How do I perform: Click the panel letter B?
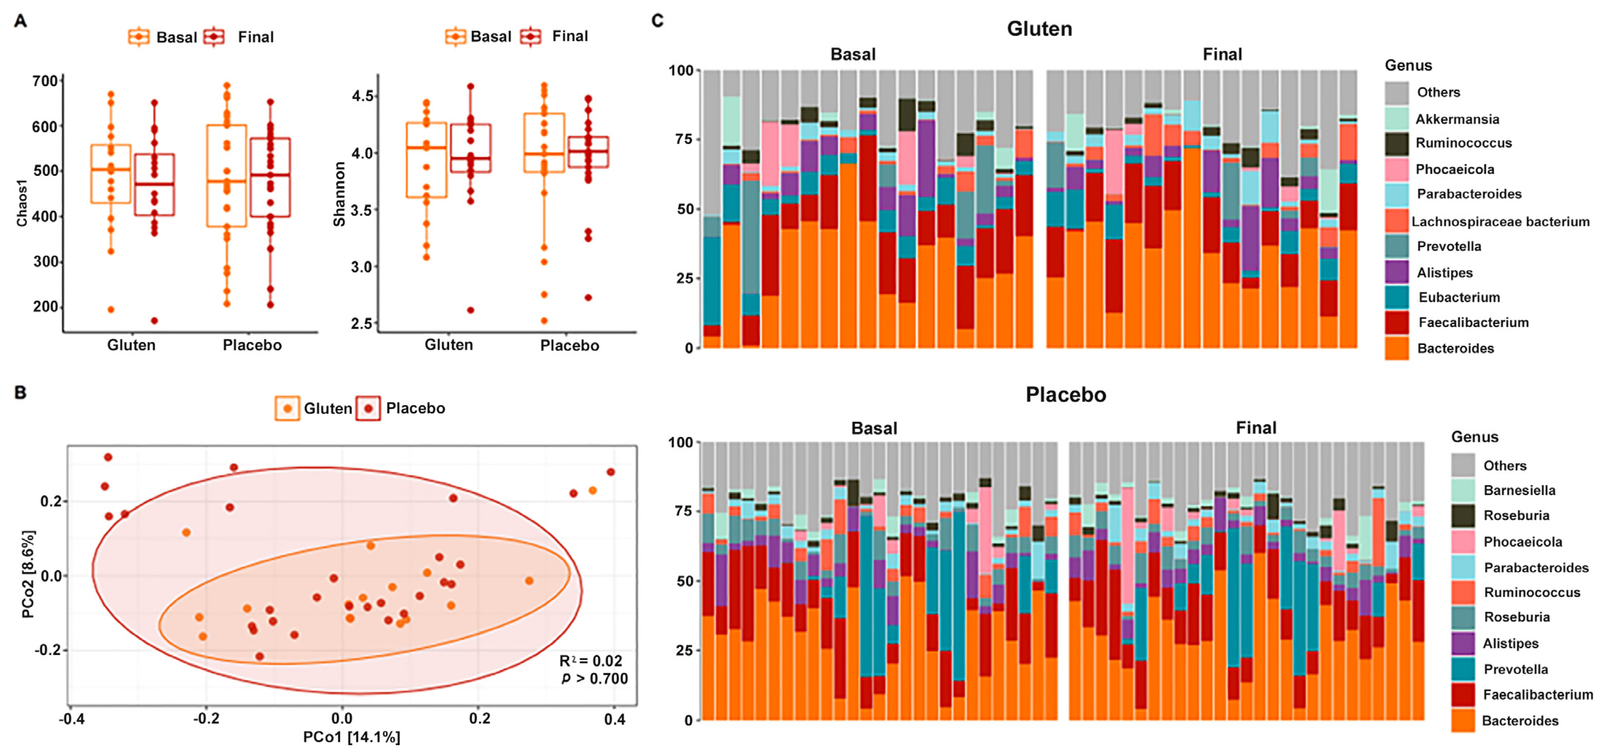coord(20,393)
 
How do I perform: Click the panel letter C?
coord(658,20)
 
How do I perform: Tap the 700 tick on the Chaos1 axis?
coord(45,81)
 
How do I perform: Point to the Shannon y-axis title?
coord(339,194)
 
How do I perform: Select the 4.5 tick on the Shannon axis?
coord(363,96)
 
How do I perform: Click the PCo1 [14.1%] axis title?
coord(352,737)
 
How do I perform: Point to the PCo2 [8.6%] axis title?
coord(28,574)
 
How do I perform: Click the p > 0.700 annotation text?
coord(595,678)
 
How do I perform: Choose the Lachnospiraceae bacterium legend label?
coord(1500,221)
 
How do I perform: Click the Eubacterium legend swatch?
coord(1397,297)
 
